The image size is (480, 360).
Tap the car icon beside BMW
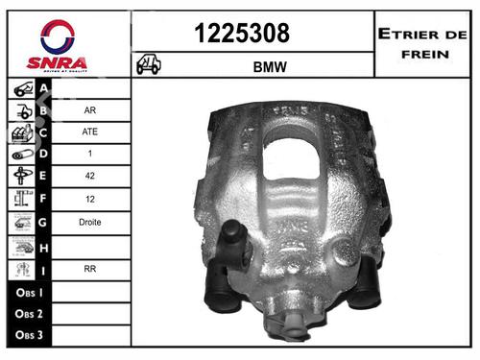click(149, 66)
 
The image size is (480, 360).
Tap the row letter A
click(44, 88)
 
